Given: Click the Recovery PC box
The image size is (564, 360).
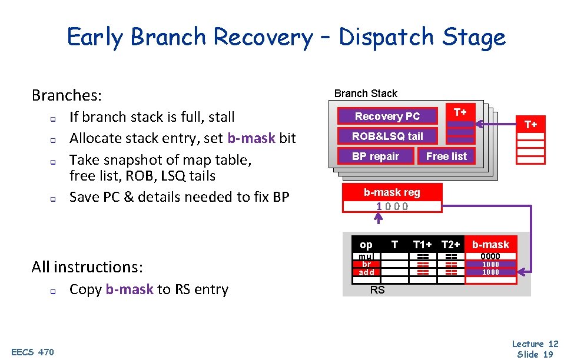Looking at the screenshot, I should tap(387, 116).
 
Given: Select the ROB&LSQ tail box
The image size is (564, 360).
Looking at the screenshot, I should tap(387, 136).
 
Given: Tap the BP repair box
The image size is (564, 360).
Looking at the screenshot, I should tap(376, 156).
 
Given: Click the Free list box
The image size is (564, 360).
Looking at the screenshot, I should tap(446, 156).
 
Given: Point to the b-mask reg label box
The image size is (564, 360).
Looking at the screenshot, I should tap(392, 192).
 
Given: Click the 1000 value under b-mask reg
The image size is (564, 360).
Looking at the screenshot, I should tap(392, 206).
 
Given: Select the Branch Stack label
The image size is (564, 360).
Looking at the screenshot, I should tap(366, 94).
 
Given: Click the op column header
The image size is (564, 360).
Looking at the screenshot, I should tap(366, 245).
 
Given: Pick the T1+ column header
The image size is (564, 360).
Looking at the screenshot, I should tap(423, 245).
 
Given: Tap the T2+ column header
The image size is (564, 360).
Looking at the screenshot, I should tap(451, 245).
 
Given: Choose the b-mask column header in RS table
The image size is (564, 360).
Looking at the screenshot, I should tap(490, 245).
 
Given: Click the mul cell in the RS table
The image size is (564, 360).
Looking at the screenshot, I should tap(366, 256).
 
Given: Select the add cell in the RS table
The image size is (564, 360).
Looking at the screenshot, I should tap(366, 272).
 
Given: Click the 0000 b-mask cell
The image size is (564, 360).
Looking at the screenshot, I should tap(490, 256).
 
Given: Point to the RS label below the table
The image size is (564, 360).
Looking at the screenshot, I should tap(377, 289).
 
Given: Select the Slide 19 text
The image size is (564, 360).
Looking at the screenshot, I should tap(535, 354).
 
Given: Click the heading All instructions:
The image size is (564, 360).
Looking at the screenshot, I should tap(87, 267).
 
